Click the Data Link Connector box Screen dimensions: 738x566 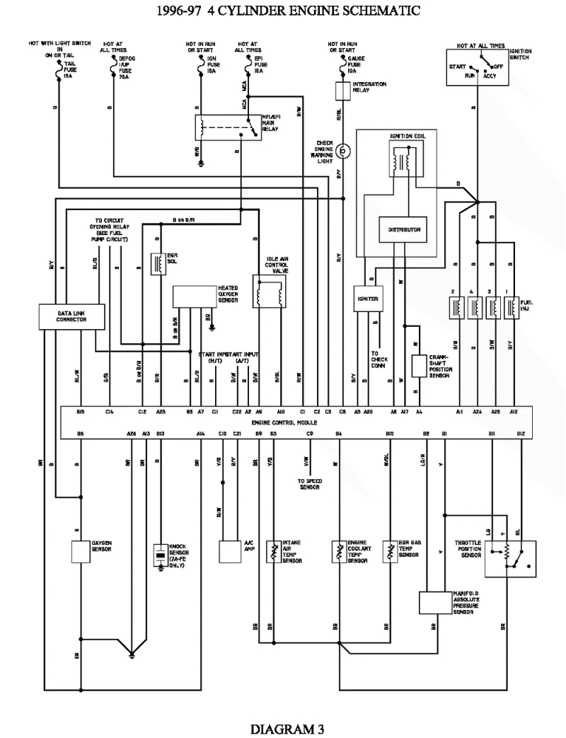point(71,316)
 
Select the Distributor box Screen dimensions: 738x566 point(404,229)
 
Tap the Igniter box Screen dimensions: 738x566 point(368,299)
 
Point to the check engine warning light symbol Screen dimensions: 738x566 point(343,150)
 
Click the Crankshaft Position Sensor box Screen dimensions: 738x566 point(419,365)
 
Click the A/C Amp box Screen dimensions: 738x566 point(229,550)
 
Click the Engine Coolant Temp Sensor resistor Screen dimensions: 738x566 point(338,550)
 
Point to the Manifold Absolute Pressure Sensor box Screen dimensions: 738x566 point(434,602)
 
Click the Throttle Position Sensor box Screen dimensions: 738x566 point(509,557)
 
